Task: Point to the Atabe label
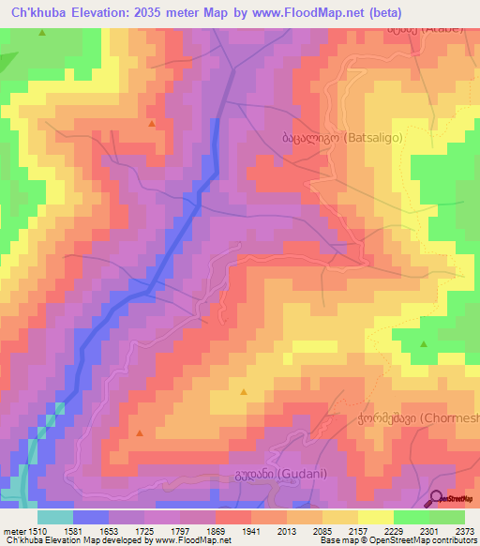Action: [x=426, y=28]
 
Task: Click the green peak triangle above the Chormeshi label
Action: [x=423, y=344]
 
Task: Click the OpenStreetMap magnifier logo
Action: [x=437, y=498]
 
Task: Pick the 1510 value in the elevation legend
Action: [x=37, y=530]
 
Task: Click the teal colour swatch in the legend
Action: [x=54, y=516]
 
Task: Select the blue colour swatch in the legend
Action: [x=90, y=516]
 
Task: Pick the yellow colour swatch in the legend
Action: [x=375, y=516]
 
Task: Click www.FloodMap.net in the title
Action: [x=315, y=13]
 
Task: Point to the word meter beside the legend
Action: [x=13, y=530]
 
